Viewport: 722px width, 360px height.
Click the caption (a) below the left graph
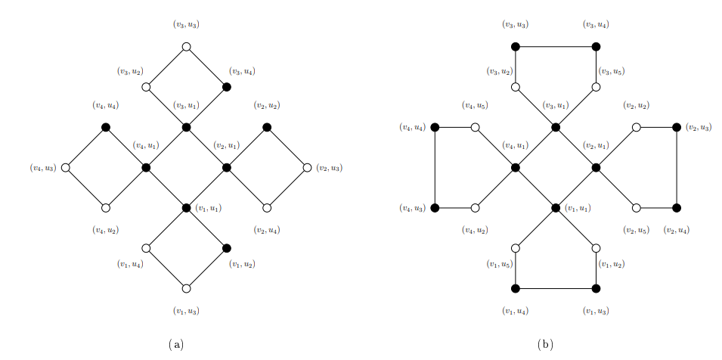point(176,344)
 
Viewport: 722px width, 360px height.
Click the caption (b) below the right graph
point(545,344)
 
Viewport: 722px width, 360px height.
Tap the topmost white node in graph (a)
point(187,47)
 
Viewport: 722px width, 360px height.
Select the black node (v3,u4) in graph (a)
point(227,87)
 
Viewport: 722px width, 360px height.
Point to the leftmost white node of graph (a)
point(66,167)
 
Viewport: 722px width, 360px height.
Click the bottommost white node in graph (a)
point(187,288)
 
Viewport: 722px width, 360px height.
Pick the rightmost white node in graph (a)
point(307,167)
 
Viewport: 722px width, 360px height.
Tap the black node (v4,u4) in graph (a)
point(106,127)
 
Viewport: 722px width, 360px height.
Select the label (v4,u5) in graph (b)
point(476,105)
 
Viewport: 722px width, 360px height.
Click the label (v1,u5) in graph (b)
point(499,264)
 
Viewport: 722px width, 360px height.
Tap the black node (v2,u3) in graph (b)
point(677,127)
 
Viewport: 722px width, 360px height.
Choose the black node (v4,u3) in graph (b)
point(435,208)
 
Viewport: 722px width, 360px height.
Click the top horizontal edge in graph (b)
point(556,47)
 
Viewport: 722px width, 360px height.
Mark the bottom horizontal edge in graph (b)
point(556,288)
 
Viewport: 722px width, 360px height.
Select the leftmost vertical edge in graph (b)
point(435,167)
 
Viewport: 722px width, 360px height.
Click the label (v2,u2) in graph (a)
point(267,105)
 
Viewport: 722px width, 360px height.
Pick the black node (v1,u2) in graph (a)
point(227,248)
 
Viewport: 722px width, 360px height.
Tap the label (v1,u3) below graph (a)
point(187,311)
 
